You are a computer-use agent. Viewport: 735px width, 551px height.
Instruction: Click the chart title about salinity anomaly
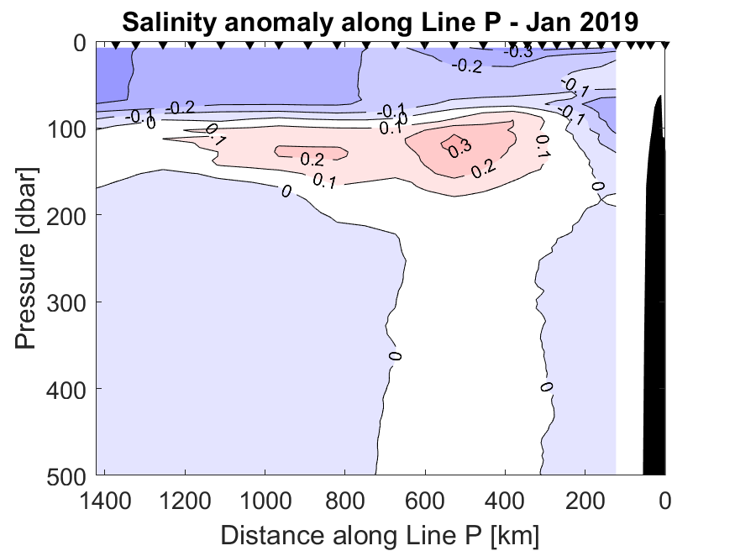(x=380, y=20)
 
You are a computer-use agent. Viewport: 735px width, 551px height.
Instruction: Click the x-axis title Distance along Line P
(x=380, y=534)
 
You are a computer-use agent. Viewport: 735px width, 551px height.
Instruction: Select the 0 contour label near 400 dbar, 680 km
(x=395, y=356)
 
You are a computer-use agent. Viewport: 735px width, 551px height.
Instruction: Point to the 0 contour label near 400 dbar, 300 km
(x=546, y=386)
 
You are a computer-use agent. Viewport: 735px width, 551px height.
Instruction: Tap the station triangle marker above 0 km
(x=664, y=45)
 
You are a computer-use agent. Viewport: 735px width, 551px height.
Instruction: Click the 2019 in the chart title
(x=612, y=20)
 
